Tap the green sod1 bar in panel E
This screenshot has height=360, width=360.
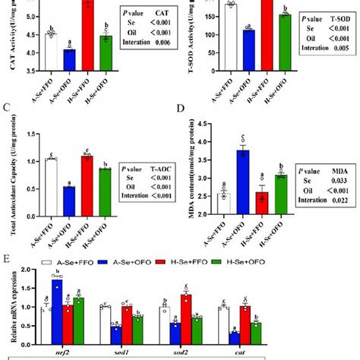coord(137,327)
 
